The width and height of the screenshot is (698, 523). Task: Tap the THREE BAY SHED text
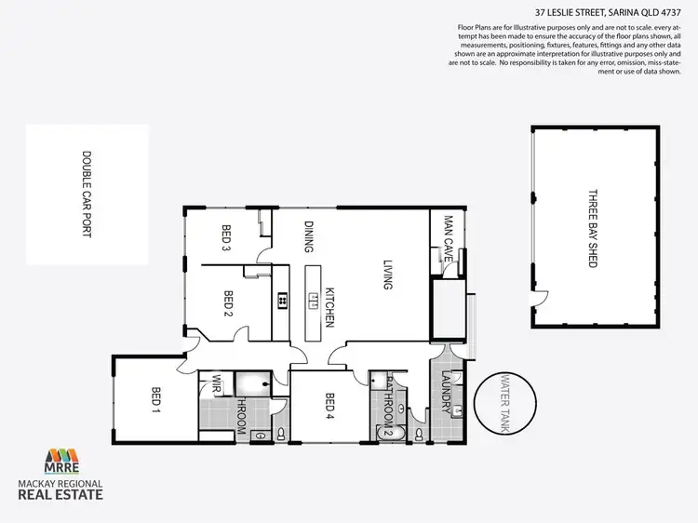[x=591, y=229]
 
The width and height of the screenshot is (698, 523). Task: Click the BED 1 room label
[x=156, y=399]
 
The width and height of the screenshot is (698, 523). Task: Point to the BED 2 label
[x=228, y=305]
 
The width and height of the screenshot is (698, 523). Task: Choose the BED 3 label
[x=226, y=239]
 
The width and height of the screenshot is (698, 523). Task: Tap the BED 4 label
[x=329, y=409]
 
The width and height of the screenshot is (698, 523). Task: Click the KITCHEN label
[x=329, y=306]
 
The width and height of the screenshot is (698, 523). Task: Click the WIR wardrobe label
[x=216, y=382]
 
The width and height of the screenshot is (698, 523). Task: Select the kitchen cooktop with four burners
[x=280, y=300]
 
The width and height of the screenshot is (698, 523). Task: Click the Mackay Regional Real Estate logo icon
[x=62, y=461]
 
